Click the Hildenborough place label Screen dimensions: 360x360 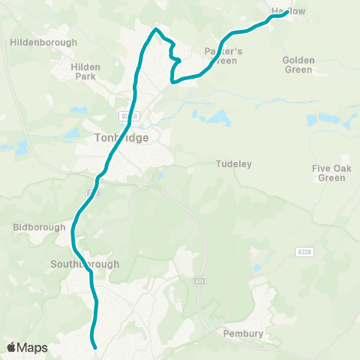coord(43,43)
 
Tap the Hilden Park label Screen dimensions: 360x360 coord(85,71)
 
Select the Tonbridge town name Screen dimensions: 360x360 coord(122,138)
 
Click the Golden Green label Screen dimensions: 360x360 coord(298,64)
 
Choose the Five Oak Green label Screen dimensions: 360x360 coord(331,173)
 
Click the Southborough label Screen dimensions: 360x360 coord(80,264)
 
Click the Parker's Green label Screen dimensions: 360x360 coord(220,56)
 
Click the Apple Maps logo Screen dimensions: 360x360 coord(26,347)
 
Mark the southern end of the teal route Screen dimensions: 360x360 coord(96,347)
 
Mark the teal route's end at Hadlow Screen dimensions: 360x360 coord(287,11)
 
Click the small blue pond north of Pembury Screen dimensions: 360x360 coord(257,268)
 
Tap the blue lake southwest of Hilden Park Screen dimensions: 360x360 coord(73,133)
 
